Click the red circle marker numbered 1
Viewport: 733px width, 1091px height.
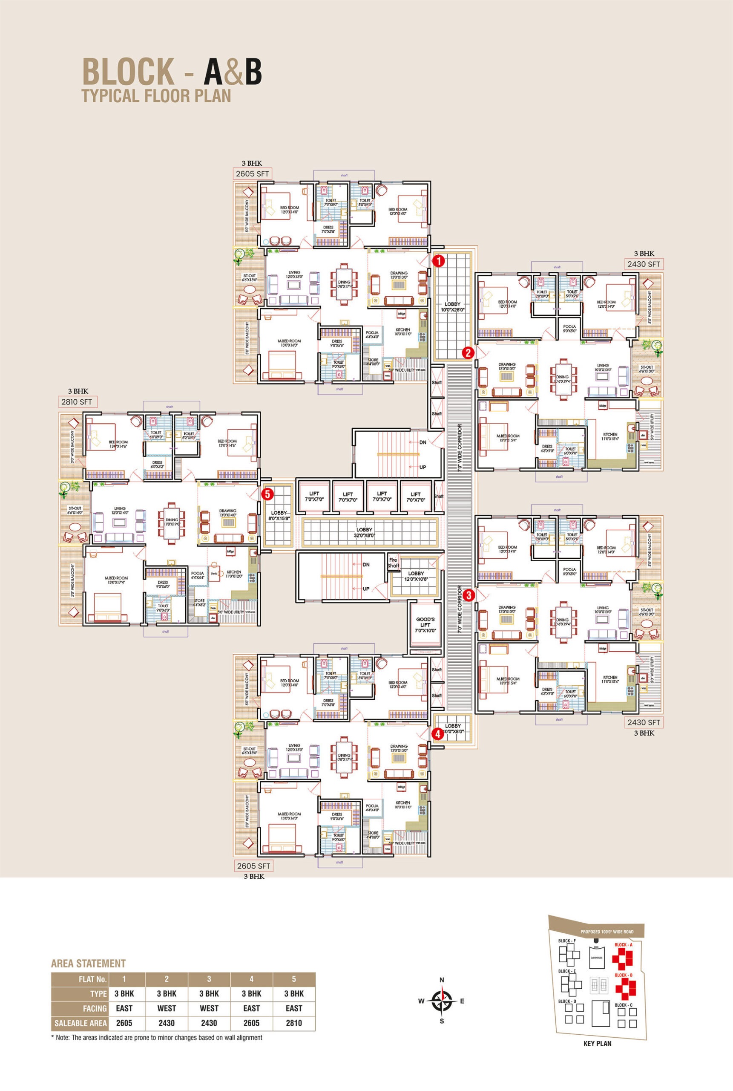(x=439, y=261)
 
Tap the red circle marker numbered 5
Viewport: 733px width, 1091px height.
(x=267, y=494)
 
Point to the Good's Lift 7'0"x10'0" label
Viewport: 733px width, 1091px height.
(x=425, y=625)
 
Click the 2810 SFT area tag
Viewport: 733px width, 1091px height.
(x=77, y=402)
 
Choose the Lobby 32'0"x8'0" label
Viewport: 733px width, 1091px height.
(x=364, y=533)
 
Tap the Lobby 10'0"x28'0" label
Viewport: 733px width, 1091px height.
(x=452, y=307)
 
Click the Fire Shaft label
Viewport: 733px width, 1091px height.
(x=393, y=563)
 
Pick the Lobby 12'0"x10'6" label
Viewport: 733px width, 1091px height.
(x=416, y=576)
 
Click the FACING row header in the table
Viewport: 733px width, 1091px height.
(x=95, y=1008)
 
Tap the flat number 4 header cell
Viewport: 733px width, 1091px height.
(x=251, y=979)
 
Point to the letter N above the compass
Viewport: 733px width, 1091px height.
(x=442, y=980)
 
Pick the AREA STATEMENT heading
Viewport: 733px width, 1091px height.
(x=88, y=963)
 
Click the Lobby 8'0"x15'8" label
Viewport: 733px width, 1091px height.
(x=279, y=515)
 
